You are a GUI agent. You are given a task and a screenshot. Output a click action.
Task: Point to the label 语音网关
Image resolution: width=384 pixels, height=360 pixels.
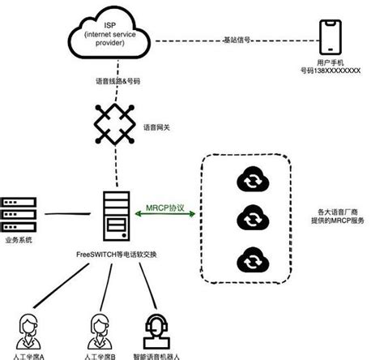[157, 126]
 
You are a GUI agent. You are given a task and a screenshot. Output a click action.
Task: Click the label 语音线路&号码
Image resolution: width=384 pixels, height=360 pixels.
[113, 83]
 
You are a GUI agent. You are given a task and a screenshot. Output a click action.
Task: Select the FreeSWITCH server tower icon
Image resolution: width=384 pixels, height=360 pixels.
[113, 213]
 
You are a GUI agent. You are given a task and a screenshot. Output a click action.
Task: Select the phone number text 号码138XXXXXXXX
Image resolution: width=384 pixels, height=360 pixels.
[331, 70]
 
